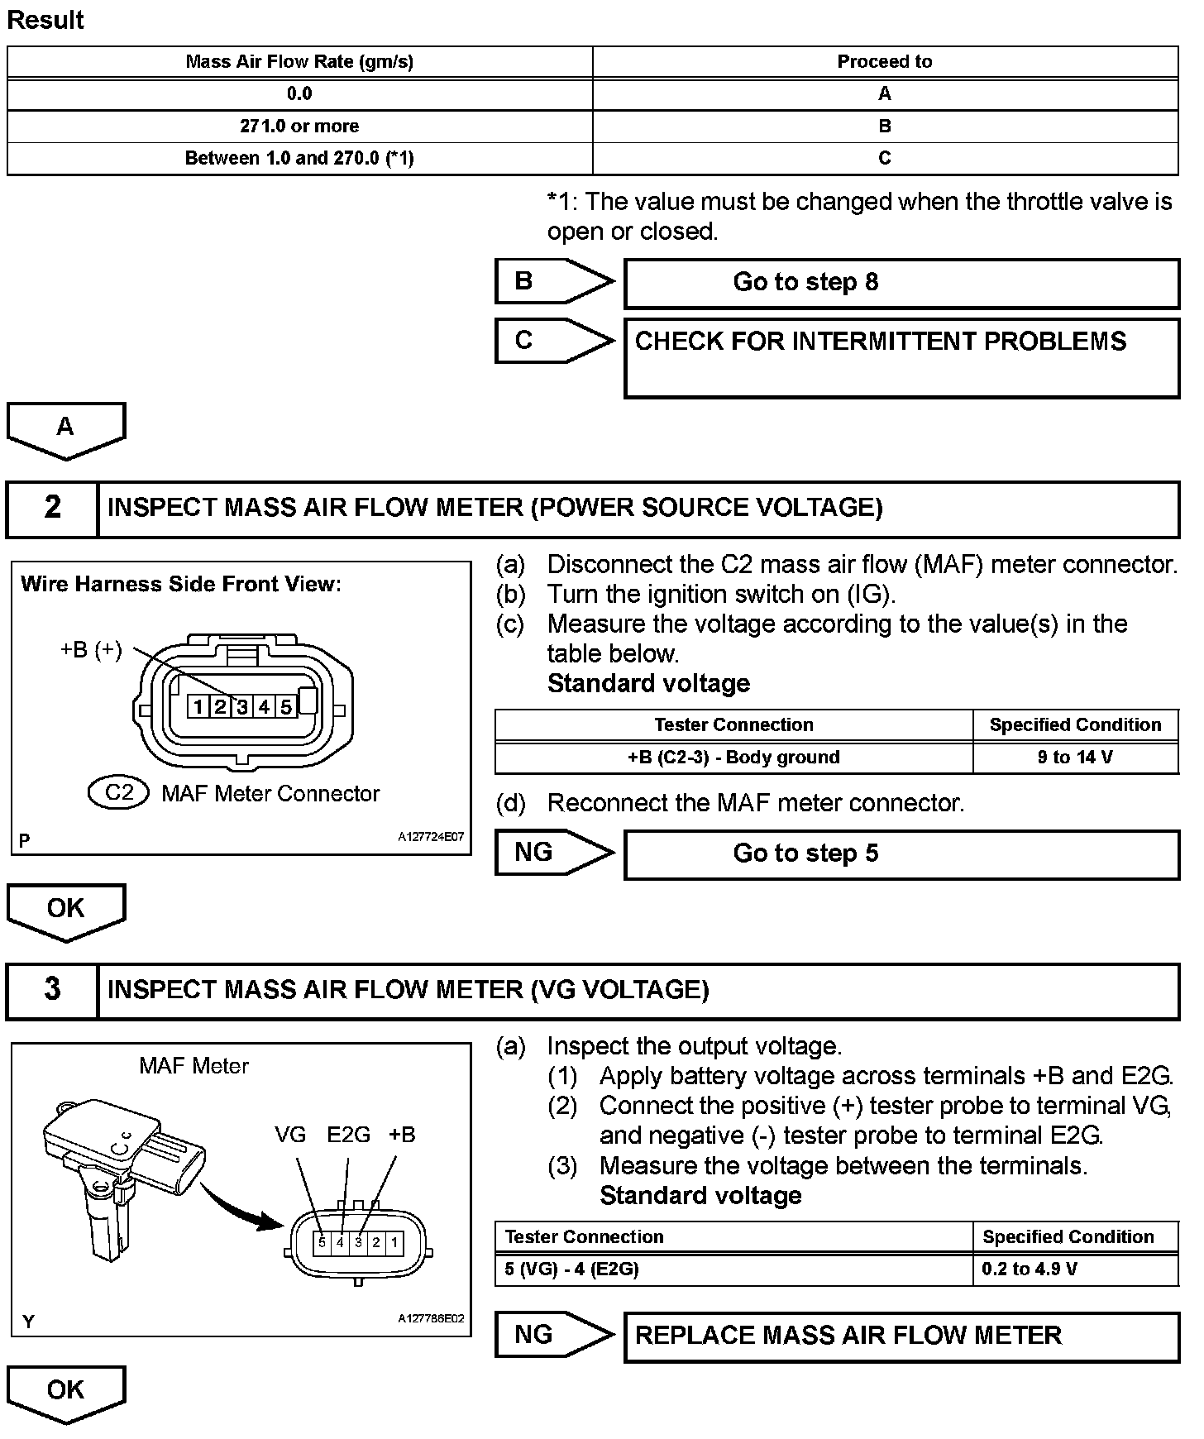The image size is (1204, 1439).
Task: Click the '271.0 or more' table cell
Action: point(299,127)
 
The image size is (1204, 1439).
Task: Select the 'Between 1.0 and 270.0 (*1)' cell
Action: point(299,158)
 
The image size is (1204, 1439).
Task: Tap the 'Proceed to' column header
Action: point(884,61)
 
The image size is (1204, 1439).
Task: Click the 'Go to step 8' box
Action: point(901,283)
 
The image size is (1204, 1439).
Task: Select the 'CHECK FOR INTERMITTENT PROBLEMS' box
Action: point(901,357)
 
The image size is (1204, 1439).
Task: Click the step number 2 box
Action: point(52,508)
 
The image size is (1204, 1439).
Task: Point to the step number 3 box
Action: point(52,990)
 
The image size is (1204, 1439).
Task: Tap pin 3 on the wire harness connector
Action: point(241,707)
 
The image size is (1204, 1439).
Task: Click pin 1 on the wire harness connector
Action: point(198,707)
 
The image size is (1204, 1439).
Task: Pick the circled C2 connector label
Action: point(118,792)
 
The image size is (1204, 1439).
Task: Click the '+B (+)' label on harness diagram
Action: point(91,650)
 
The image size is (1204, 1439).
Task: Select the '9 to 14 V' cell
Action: point(1075,758)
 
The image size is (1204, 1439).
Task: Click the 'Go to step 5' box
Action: point(901,854)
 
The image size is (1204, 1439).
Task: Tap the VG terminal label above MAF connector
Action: point(290,1135)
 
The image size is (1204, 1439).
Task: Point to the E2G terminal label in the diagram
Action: point(348,1135)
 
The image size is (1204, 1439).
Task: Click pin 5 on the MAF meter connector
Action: point(322,1242)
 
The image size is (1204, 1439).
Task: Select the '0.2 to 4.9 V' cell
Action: point(1075,1269)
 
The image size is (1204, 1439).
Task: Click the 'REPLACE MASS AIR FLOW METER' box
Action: point(901,1336)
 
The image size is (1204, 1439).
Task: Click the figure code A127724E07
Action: point(431,837)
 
